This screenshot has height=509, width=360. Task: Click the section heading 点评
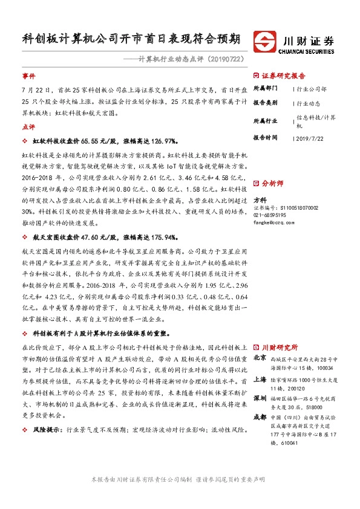(x=28, y=128)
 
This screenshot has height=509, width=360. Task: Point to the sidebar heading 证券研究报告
(x=283, y=76)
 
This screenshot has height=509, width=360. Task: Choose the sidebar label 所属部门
(x=265, y=88)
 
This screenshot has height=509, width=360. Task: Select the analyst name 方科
(x=260, y=199)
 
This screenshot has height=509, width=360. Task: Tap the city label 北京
(x=260, y=357)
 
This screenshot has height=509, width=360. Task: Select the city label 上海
(x=260, y=380)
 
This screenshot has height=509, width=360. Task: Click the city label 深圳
(x=260, y=399)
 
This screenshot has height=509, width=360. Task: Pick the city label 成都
(x=260, y=417)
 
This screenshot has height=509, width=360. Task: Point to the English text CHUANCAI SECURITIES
(x=308, y=51)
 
